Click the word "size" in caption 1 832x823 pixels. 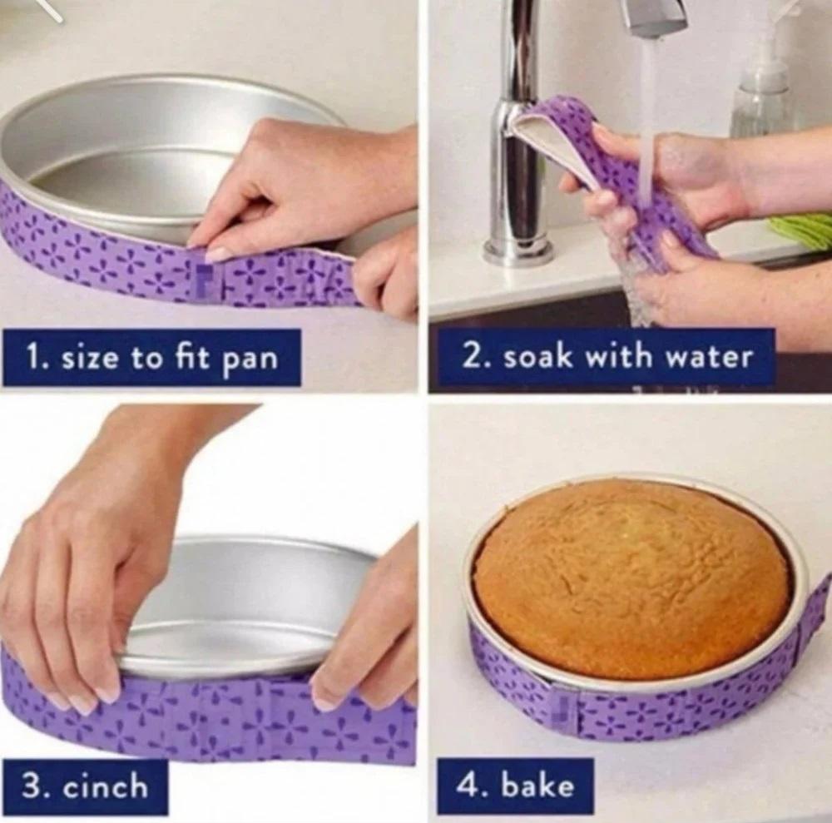click(90, 359)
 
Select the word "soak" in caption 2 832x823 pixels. click(538, 357)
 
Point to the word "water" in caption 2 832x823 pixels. click(709, 357)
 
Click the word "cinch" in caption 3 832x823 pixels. click(106, 786)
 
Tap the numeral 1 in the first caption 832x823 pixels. click(32, 359)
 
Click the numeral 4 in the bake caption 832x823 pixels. click(466, 786)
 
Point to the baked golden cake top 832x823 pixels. click(631, 575)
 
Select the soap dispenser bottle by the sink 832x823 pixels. click(760, 90)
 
